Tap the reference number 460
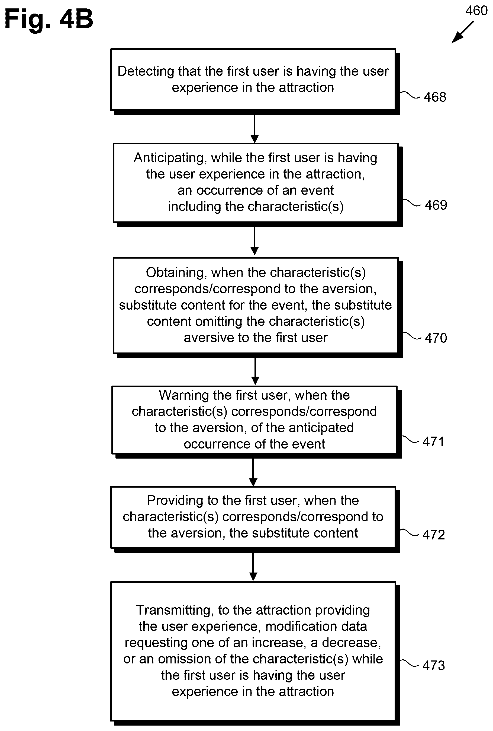pyautogui.click(x=476, y=11)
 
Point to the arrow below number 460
pyautogui.click(x=463, y=32)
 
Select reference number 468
pyautogui.click(x=435, y=97)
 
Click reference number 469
pyautogui.click(x=436, y=205)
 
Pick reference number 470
pyautogui.click(x=436, y=338)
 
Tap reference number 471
pyautogui.click(x=433, y=442)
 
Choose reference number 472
pyautogui.click(x=434, y=535)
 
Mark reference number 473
pyautogui.click(x=434, y=666)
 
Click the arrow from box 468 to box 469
pyautogui.click(x=254, y=129)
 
